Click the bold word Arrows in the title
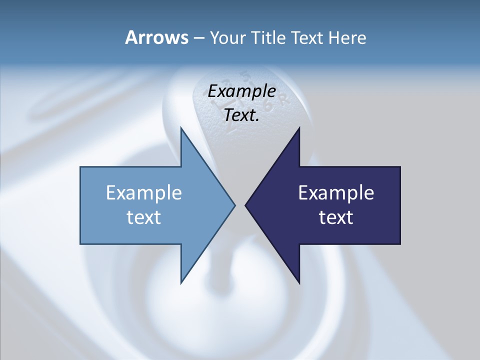pos(156,37)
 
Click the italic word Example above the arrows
pos(242,92)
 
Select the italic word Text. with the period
pos(242,115)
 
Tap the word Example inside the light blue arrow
pos(144,193)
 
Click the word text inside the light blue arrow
pos(144,217)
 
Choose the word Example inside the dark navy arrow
pos(336,193)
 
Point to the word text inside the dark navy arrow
pos(336,217)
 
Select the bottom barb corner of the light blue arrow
pos(181,282)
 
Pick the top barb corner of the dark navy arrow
pos(299,128)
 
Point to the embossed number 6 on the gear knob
pos(268,106)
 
